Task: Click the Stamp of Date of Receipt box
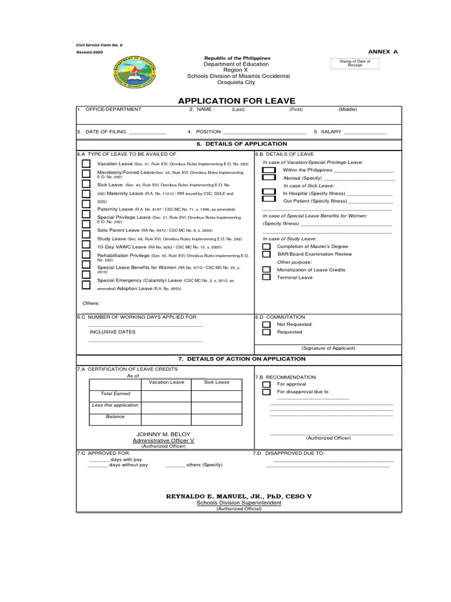click(355, 63)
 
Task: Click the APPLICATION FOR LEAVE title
click(237, 101)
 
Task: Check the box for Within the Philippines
click(268, 169)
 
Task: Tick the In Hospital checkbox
click(268, 192)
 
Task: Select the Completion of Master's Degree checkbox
click(267, 247)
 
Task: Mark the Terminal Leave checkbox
click(267, 277)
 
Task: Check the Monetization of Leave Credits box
click(267, 270)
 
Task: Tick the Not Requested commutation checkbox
click(267, 325)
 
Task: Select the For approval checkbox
click(267, 384)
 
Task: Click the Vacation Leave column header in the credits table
click(166, 382)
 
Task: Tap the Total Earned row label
click(115, 393)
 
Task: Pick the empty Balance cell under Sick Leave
click(216, 419)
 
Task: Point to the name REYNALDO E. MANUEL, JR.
click(238, 496)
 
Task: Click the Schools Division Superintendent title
click(238, 503)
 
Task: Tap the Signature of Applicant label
click(328, 348)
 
